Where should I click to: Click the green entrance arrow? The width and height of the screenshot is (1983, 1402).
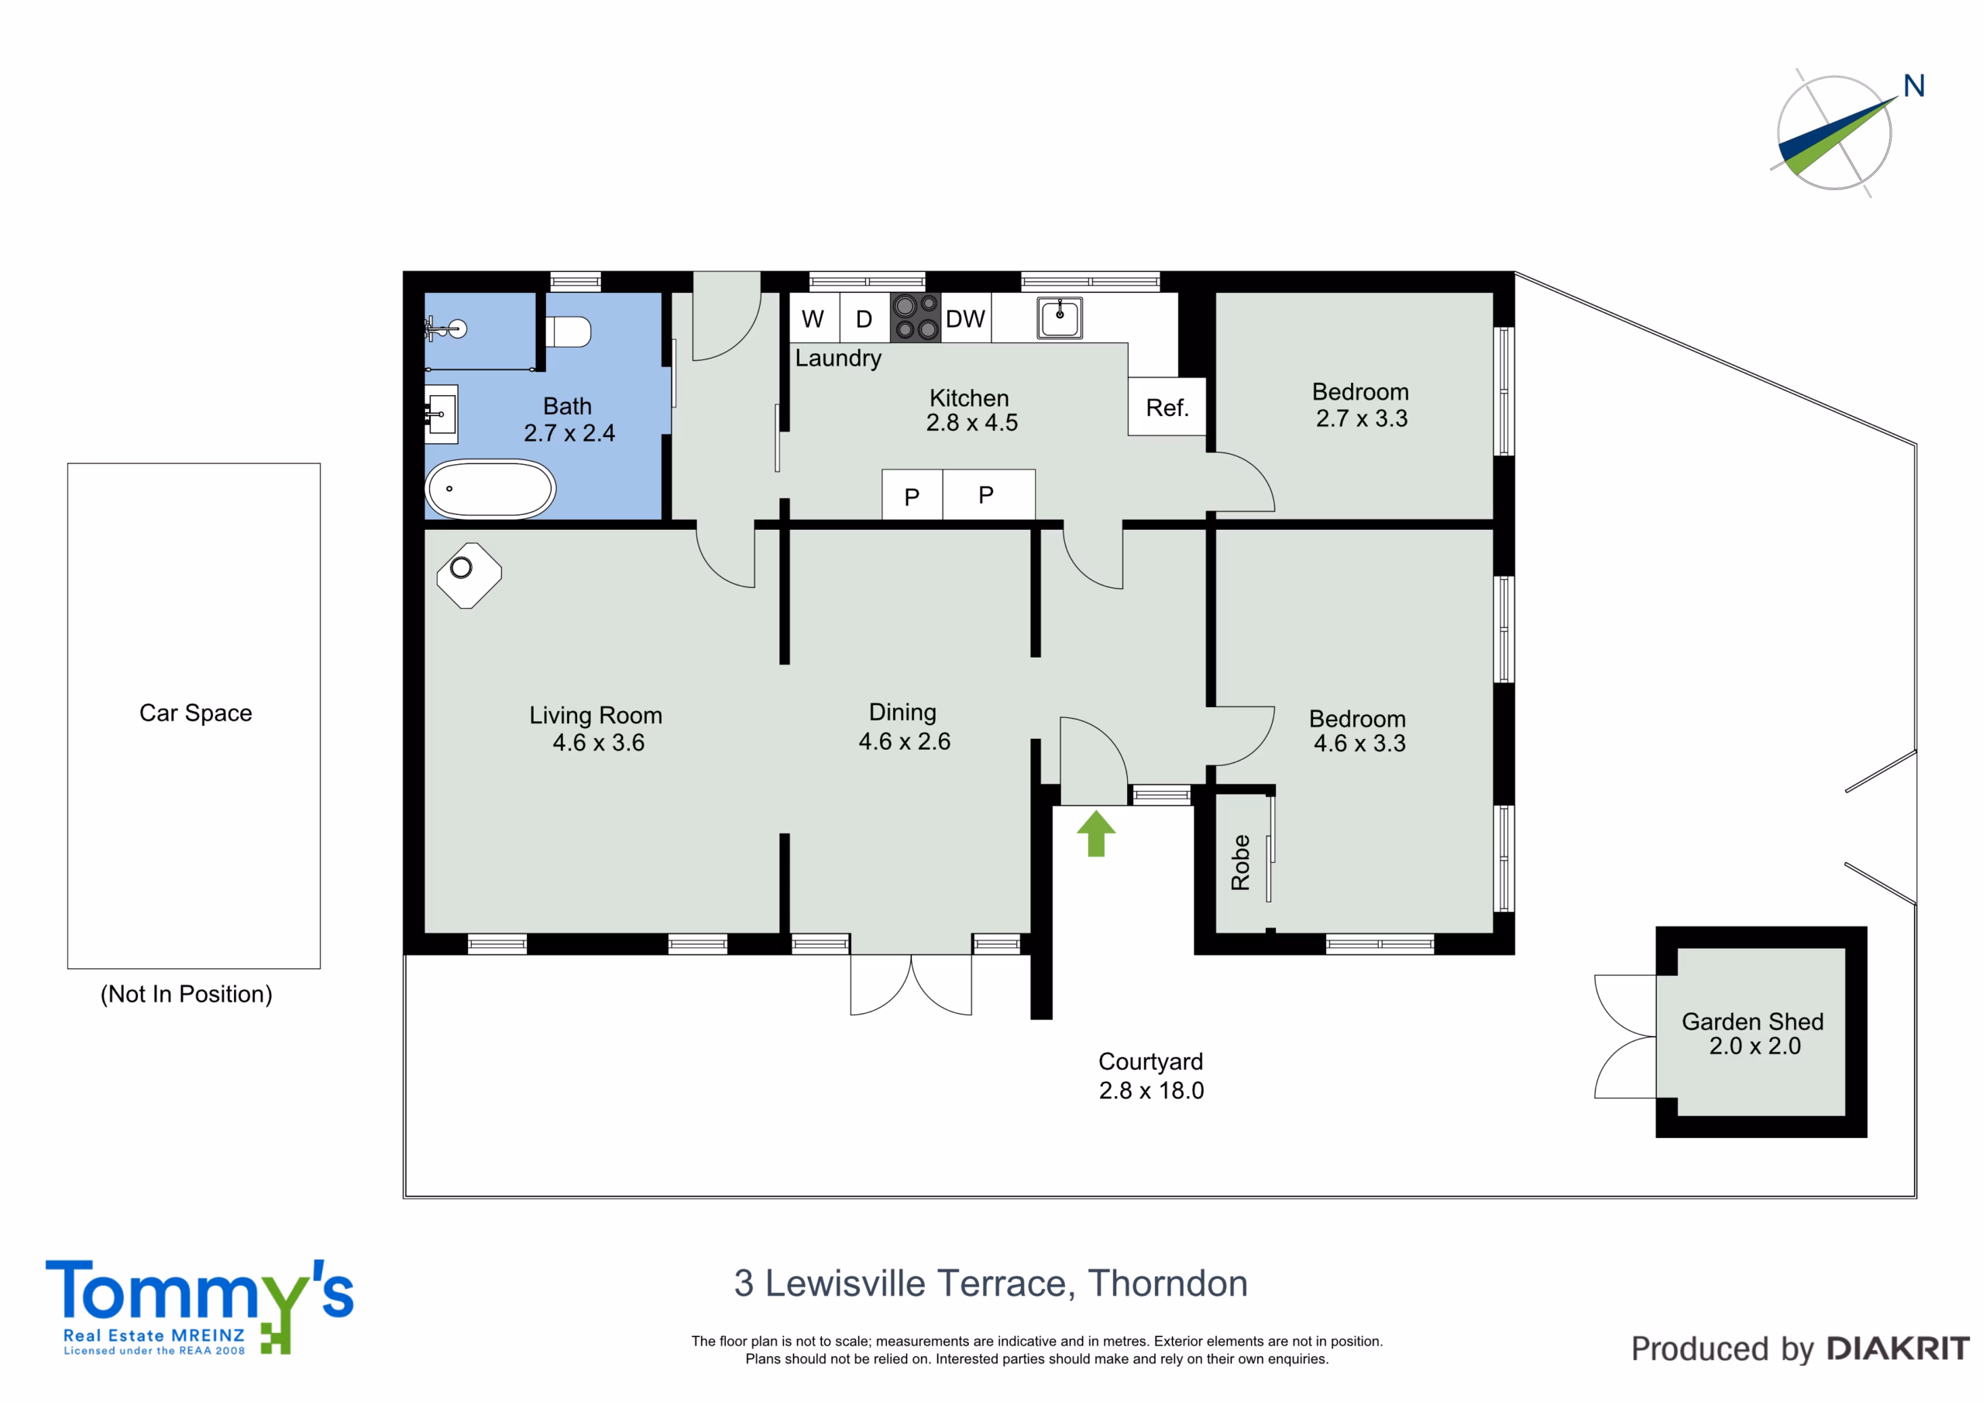pos(1096,833)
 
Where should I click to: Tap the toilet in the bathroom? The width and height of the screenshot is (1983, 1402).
pos(568,332)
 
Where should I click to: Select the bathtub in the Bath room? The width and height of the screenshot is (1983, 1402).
pos(490,489)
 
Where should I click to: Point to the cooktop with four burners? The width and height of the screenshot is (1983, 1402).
pos(916,317)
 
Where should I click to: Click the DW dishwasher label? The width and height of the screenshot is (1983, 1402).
pos(964,320)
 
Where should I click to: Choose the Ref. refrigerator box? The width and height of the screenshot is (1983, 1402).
pos(1167,407)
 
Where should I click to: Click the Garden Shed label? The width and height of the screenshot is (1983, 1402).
pos(1752,1021)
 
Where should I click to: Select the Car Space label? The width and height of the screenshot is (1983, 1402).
pos(196,713)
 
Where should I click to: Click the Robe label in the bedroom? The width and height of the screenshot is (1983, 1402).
pos(1240,862)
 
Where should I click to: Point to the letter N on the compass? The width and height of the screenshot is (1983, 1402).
pos(1914,85)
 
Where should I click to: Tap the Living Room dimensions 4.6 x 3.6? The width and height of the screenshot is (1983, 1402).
pos(599,743)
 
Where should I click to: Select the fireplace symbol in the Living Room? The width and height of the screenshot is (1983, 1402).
pos(469,576)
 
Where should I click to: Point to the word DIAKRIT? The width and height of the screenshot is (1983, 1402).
pos(1899,1349)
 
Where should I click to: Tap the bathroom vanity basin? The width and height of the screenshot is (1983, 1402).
pos(442,414)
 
